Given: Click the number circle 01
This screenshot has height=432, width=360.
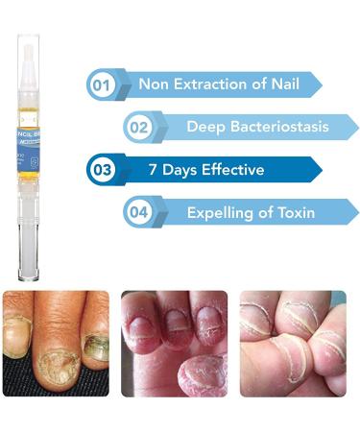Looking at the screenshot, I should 101,84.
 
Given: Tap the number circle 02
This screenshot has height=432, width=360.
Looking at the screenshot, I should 138,127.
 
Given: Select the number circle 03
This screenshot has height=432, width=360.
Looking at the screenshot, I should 101,170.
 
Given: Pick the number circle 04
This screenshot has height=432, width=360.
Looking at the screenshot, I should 138,212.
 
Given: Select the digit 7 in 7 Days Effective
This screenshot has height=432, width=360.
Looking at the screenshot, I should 153,170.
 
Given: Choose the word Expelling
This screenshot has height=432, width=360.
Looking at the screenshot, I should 223,212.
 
